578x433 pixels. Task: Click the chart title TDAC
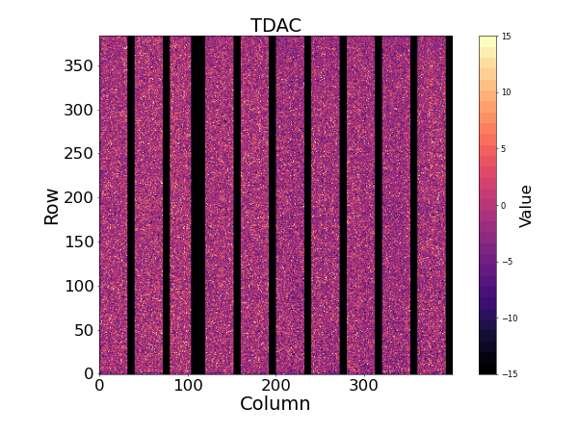click(276, 26)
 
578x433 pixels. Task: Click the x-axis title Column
click(276, 404)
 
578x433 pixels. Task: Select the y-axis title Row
click(51, 205)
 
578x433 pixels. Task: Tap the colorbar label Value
click(526, 205)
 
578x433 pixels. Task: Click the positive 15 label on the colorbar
click(506, 37)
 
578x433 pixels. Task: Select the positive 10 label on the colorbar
click(506, 92)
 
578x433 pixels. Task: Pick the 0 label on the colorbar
click(504, 205)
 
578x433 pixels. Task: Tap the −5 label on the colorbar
click(506, 262)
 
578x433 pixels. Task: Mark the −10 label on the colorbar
click(508, 318)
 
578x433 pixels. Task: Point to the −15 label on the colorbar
click(508, 373)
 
